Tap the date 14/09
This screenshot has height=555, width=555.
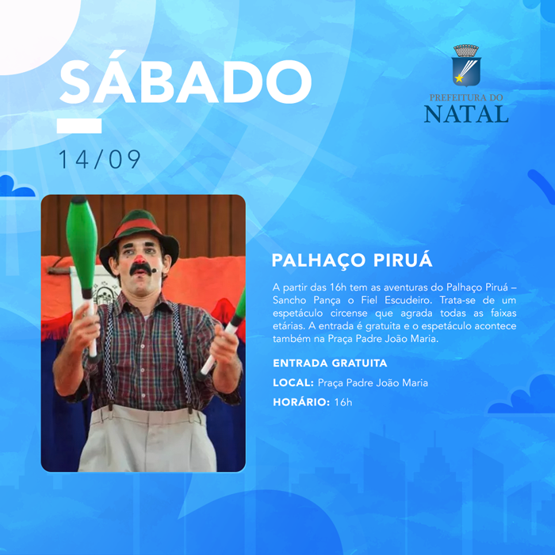coord(100,159)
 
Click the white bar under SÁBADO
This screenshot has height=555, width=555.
coord(79,126)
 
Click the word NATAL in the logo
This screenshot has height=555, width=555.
coord(466,114)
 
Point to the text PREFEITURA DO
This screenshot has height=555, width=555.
coord(466,97)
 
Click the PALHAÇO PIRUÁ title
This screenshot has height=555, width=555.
coord(352,260)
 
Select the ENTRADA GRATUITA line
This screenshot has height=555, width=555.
coord(330,363)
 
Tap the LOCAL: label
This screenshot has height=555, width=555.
coord(293,382)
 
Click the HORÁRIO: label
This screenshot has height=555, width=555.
coord(301,402)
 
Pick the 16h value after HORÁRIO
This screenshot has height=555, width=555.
coord(343,402)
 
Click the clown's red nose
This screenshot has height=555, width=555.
coord(140,260)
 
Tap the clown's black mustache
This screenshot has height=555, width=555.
coord(140,270)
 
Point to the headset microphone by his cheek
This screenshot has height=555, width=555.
coord(154,271)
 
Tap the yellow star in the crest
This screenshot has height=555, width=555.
coord(459,78)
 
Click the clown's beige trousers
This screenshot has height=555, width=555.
coord(147,439)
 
